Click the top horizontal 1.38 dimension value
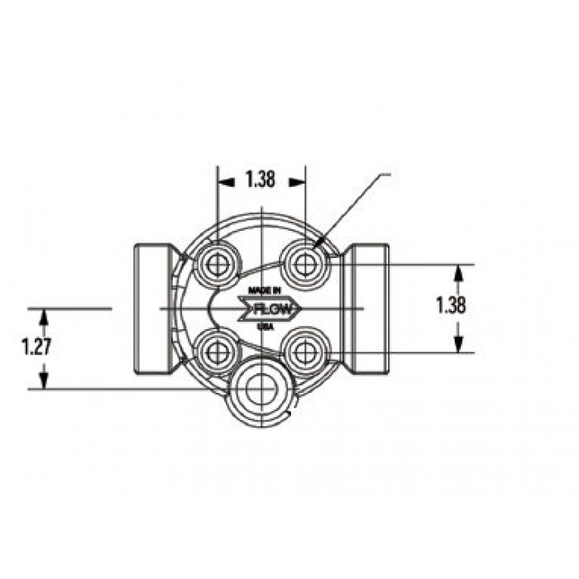pyautogui.click(x=261, y=179)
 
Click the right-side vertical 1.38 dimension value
pyautogui.click(x=451, y=305)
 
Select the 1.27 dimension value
pyautogui.click(x=36, y=347)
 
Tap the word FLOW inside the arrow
pyautogui.click(x=273, y=309)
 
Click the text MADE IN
pyautogui.click(x=265, y=290)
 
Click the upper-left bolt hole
pyautogui.click(x=217, y=265)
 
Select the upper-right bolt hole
pyautogui.click(x=304, y=265)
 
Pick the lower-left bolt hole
pyautogui.click(x=217, y=352)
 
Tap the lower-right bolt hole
pyautogui.click(x=305, y=352)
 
